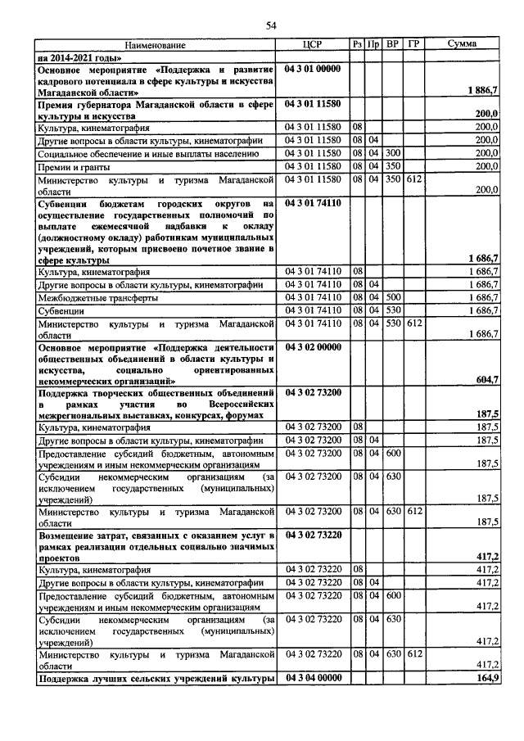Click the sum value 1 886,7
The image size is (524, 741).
click(x=483, y=89)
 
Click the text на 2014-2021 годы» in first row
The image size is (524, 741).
click(x=79, y=57)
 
